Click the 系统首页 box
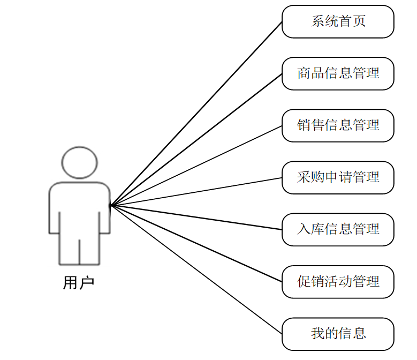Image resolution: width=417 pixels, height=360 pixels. point(338,22)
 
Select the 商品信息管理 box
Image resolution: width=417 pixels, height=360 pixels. point(338,73)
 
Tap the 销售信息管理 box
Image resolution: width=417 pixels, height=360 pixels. point(338,125)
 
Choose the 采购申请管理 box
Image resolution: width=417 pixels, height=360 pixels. point(338,177)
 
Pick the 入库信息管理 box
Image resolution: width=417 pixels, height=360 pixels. point(338,229)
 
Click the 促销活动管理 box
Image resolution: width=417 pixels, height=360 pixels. point(338,281)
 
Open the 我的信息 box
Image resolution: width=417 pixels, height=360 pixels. point(338,334)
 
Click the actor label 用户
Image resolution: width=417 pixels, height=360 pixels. point(79,282)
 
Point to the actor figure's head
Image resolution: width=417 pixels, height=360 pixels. point(79,162)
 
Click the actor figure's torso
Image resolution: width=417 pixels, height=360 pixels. point(79,209)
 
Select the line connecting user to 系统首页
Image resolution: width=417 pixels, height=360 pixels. point(196,114)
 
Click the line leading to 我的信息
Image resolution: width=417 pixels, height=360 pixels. point(196,269)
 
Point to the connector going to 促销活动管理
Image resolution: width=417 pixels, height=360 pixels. point(196,243)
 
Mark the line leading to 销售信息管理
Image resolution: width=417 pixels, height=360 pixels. point(196,166)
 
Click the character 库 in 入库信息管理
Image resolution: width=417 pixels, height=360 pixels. point(317,229)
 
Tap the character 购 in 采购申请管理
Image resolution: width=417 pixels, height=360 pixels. point(317,177)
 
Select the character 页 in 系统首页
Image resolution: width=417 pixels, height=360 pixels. point(359,22)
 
